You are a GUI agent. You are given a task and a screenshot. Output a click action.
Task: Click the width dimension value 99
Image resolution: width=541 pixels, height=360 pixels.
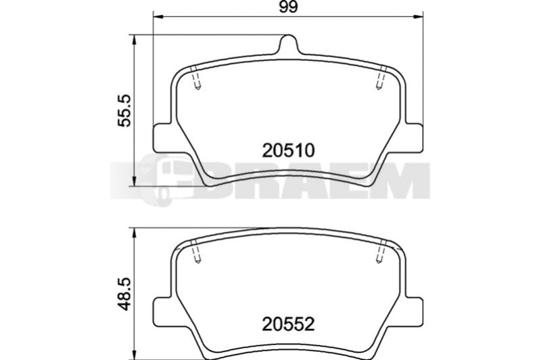[x=288, y=7]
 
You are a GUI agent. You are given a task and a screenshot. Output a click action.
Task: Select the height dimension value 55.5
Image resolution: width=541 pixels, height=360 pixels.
[x=124, y=110]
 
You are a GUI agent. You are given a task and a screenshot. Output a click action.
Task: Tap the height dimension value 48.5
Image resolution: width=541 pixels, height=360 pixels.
[x=124, y=294]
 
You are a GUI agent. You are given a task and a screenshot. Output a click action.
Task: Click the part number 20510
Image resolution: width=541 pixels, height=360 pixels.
[x=289, y=150]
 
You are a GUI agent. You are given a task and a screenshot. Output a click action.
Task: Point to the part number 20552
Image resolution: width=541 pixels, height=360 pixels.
[x=289, y=324]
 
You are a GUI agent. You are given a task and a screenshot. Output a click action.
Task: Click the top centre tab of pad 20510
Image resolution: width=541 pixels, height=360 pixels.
[x=288, y=44]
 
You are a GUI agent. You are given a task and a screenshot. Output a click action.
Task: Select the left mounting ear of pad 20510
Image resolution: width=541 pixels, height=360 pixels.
[x=162, y=139]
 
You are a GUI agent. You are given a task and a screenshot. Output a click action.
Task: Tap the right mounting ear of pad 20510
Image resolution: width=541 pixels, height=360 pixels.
[x=413, y=139]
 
